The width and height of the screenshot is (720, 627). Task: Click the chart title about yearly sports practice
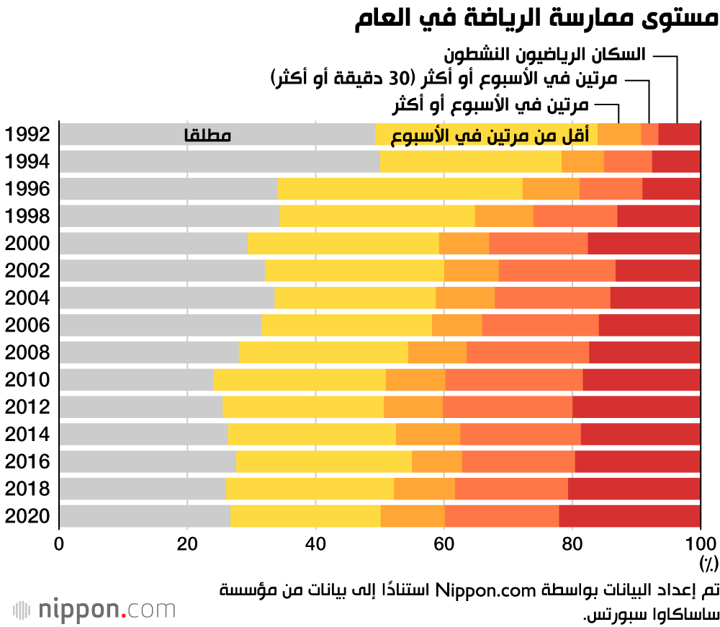coord(536,19)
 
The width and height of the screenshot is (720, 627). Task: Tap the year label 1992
coord(27,135)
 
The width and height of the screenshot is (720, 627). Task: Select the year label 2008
coord(27,353)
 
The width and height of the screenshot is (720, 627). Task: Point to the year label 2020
coord(27,517)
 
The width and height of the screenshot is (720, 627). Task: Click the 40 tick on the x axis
coord(315,543)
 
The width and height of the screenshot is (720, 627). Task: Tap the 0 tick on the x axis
coord(59,543)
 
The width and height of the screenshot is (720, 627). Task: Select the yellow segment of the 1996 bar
coord(400,189)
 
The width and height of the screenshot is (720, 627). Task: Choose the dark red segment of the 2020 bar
coord(629,517)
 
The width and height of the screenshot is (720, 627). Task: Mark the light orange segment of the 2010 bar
coord(415,380)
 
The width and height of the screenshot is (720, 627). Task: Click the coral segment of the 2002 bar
coord(557,271)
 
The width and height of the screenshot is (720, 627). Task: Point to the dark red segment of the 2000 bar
coord(644,244)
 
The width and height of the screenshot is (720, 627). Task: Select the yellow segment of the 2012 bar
coord(303,407)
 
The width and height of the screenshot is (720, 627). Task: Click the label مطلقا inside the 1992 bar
coord(208,135)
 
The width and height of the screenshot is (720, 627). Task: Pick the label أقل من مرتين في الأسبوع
coord(490,135)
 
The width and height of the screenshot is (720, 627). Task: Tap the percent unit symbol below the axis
coord(708,561)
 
